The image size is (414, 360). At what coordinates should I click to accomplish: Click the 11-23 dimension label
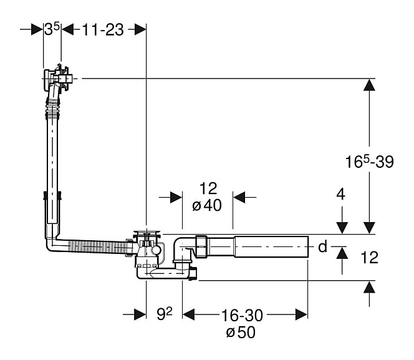102,29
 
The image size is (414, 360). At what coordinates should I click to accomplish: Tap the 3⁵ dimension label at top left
52,29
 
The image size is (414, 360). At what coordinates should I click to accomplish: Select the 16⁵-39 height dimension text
369,162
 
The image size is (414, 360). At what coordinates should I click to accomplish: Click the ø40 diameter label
207,205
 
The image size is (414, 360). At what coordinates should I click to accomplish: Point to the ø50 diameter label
241,332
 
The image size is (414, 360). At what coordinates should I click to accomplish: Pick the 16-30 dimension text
242,315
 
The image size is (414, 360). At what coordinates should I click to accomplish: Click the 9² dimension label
164,314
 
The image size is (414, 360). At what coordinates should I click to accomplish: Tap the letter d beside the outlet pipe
322,246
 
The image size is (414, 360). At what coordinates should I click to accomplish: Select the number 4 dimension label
340,195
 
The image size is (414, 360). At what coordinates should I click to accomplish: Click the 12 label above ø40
208,188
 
